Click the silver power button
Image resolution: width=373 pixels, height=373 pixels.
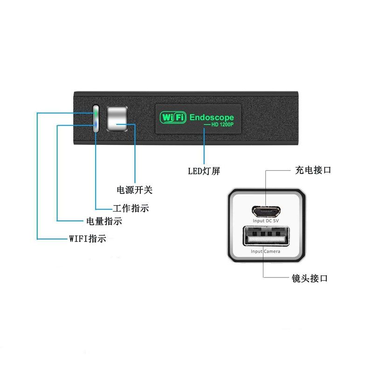pyautogui.click(x=117, y=119)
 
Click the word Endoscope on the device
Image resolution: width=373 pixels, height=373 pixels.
pyautogui.click(x=212, y=117)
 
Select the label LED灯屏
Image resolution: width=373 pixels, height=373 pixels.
pyautogui.click(x=203, y=171)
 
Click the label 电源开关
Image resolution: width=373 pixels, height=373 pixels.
pyautogui.click(x=134, y=190)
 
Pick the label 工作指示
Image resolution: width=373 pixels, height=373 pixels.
pyautogui.click(x=131, y=208)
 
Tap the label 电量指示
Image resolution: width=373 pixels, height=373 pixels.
pyautogui.click(x=104, y=221)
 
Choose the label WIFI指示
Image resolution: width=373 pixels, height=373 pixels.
pyautogui.click(x=88, y=239)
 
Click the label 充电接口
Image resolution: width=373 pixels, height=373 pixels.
pyautogui.click(x=313, y=170)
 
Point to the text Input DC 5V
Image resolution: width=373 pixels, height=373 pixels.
pyautogui.click(x=266, y=221)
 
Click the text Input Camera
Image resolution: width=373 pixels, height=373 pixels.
pyautogui.click(x=265, y=251)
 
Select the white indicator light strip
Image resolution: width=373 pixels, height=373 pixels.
pyautogui.click(x=96, y=119)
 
